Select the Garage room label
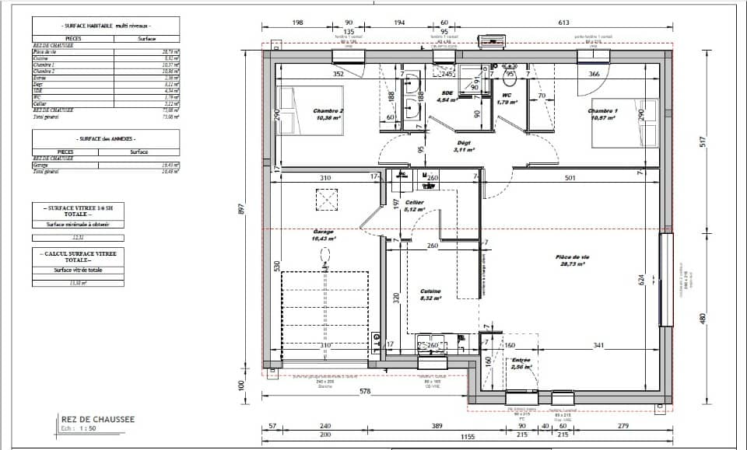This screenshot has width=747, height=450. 323,232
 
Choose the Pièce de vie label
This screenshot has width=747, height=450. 572,257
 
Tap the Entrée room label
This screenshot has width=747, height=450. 521,361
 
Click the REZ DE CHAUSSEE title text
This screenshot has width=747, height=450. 97,420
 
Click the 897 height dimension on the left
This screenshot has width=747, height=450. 241,209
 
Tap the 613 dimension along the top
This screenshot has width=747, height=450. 563,23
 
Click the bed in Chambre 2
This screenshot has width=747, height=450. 288,110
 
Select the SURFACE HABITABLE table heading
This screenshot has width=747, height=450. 107,26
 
